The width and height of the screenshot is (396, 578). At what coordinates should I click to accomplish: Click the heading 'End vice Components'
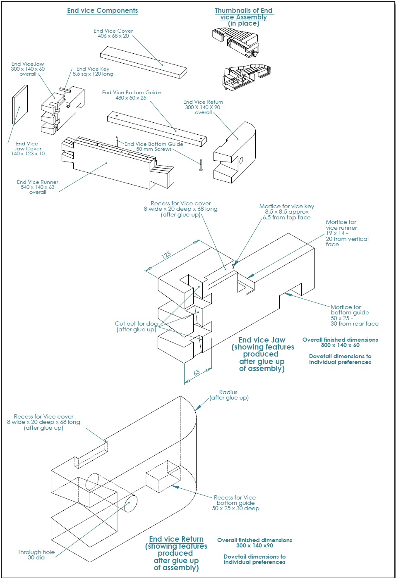(103, 11)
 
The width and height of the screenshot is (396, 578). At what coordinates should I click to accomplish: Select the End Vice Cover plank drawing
(143, 62)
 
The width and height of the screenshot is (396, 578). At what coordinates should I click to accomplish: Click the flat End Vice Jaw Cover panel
(20, 105)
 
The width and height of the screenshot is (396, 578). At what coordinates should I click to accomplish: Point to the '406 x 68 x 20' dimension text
(113, 36)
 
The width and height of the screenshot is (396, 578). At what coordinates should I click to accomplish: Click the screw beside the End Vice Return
(201, 165)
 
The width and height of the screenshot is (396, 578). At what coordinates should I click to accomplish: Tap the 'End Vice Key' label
(93, 69)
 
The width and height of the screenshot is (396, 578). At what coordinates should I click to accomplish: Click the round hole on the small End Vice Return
(241, 160)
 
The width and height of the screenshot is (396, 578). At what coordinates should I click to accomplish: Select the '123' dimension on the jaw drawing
(166, 255)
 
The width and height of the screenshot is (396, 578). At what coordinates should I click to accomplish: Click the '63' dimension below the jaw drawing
(197, 372)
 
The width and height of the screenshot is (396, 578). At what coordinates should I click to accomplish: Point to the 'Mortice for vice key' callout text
(286, 207)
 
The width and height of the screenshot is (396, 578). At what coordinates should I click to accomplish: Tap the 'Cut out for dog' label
(136, 324)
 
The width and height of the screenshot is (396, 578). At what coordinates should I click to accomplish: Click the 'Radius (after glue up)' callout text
(229, 395)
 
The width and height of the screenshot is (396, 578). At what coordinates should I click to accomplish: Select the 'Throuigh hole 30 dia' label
(36, 554)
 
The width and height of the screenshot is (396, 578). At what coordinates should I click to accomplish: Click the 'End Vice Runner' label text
(38, 182)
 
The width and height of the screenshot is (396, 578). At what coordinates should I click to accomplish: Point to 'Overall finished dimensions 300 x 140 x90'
(254, 542)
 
